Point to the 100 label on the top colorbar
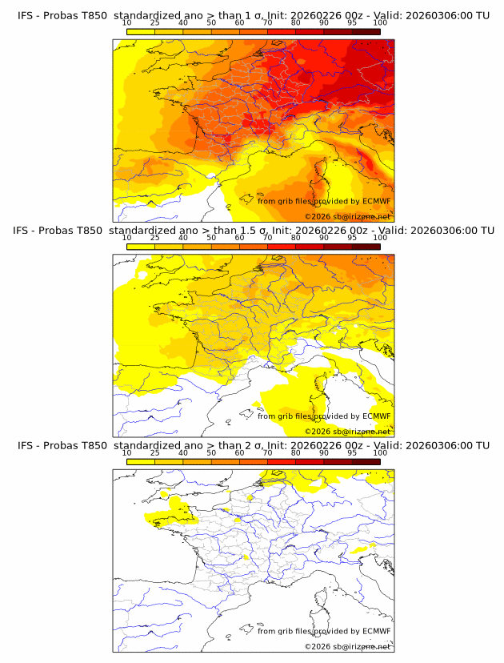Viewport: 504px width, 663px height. coord(380,23)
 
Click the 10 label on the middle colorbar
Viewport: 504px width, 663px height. coord(126,238)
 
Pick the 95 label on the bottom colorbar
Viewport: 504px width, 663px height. coord(352,453)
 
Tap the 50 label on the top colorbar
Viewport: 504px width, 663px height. coord(211,23)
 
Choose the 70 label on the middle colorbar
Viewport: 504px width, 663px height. coord(267,238)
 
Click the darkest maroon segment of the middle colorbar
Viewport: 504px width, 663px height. coord(366,247)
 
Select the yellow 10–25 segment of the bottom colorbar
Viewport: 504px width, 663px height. coord(141,461)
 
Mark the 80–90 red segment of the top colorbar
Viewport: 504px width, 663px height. coord(310,31)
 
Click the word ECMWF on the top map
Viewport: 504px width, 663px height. coord(376,201)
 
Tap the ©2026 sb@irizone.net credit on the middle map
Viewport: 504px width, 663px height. coord(347,431)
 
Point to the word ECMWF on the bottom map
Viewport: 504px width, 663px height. coord(376,631)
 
